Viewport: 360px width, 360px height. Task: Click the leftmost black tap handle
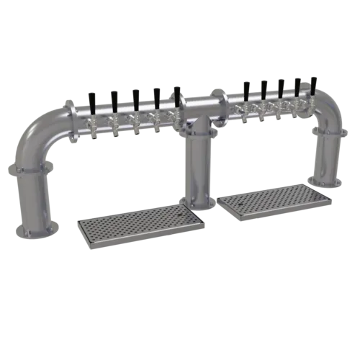[x=91, y=100]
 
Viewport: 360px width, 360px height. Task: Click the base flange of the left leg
[x=37, y=234]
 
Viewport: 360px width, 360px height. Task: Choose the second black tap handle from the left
[x=114, y=96]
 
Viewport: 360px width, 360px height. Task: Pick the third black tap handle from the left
[x=135, y=95]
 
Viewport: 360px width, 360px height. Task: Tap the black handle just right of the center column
[x=246, y=89]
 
